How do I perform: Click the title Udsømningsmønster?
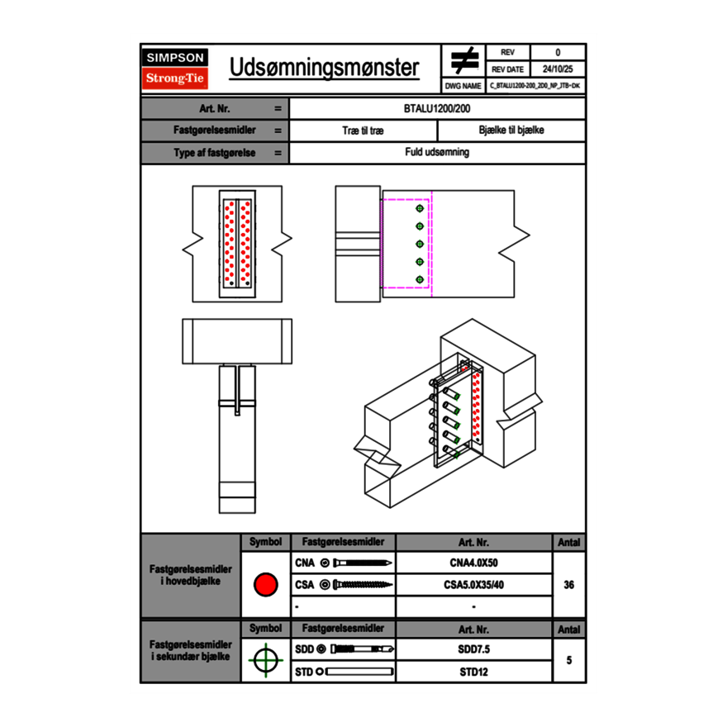pyautogui.click(x=324, y=68)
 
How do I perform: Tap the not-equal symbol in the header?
pyautogui.click(x=464, y=60)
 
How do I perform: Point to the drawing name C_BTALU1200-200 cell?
pyautogui.click(x=535, y=85)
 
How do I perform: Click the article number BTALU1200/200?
pyautogui.click(x=437, y=108)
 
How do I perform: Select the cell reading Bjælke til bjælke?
pyautogui.click(x=511, y=131)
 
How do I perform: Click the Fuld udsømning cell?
pyautogui.click(x=437, y=152)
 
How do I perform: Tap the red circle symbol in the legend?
pyautogui.click(x=265, y=585)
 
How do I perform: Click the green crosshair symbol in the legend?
pyautogui.click(x=265, y=660)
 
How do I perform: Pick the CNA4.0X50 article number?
pyautogui.click(x=473, y=563)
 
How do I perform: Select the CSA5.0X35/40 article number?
pyautogui.click(x=473, y=585)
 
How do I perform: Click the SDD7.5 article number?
pyautogui.click(x=473, y=649)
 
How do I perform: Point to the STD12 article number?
pyautogui.click(x=473, y=672)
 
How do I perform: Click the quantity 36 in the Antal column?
pyautogui.click(x=568, y=585)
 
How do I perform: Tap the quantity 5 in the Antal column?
pyautogui.click(x=568, y=660)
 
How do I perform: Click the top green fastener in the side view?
pyautogui.click(x=420, y=207)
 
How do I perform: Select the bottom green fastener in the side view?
pyautogui.click(x=420, y=279)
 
